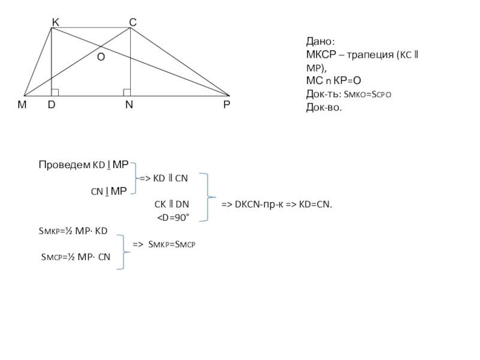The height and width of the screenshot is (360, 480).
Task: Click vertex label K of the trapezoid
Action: [55, 22]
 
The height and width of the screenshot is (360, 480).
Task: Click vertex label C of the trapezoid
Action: [133, 22]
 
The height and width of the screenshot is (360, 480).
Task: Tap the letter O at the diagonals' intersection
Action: [101, 56]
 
